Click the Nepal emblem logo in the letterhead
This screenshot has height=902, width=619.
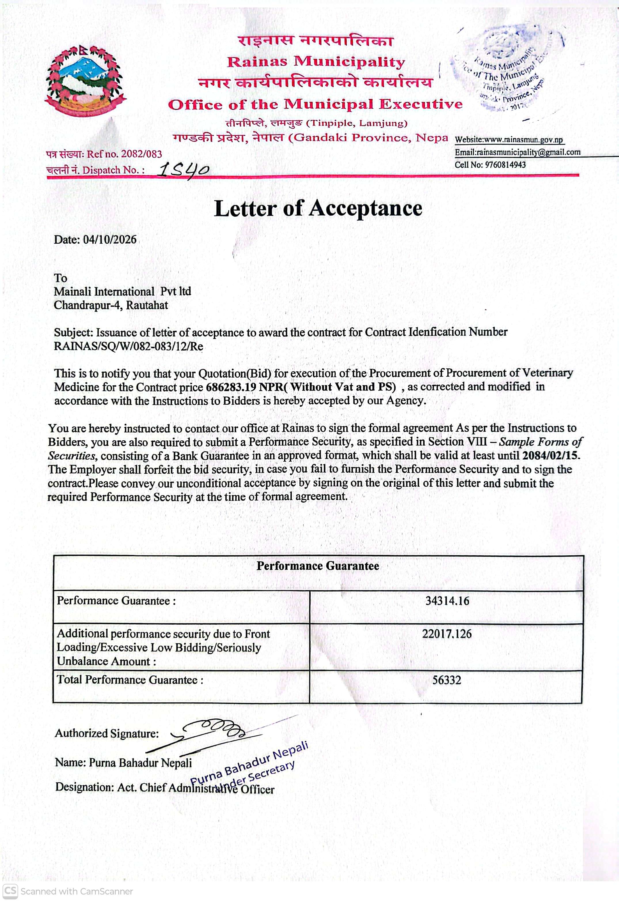pyautogui.click(x=86, y=81)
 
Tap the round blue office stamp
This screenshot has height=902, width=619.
pyautogui.click(x=504, y=70)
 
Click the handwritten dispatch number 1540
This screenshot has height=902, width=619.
pyautogui.click(x=184, y=170)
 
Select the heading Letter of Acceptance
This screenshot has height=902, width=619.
pyautogui.click(x=318, y=209)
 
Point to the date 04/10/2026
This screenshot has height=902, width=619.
pyautogui.click(x=110, y=240)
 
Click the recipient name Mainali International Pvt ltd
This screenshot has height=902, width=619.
pyautogui.click(x=122, y=291)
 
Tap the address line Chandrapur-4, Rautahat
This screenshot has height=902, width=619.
pyautogui.click(x=111, y=306)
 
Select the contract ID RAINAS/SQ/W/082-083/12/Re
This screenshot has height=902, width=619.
pyautogui.click(x=128, y=346)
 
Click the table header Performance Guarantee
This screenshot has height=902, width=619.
pyautogui.click(x=318, y=566)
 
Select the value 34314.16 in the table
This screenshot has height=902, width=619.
pyautogui.click(x=447, y=601)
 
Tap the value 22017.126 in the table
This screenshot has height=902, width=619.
pyautogui.click(x=447, y=634)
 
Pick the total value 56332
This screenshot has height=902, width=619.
pyautogui.click(x=447, y=680)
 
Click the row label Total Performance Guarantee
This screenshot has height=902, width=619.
pyautogui.click(x=130, y=680)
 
